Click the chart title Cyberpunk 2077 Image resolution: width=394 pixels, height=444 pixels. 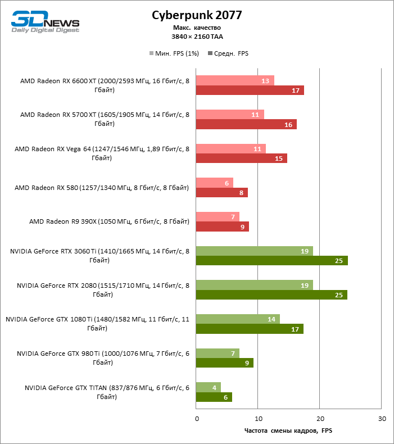coord(197,15)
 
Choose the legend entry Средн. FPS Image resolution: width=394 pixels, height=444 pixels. coord(228,53)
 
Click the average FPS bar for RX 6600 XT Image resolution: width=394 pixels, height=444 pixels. coord(250,90)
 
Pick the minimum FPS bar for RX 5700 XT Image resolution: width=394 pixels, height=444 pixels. coord(230,114)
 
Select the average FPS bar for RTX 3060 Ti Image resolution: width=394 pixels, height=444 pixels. coord(271,260)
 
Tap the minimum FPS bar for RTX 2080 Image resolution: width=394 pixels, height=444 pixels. coord(254,285)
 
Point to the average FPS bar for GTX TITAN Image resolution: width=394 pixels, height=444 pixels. coord(214,397)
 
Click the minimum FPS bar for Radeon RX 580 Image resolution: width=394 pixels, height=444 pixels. coord(214,183)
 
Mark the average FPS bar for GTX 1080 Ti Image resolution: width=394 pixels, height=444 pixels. coord(250,329)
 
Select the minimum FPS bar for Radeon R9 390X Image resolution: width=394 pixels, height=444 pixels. coord(218,216)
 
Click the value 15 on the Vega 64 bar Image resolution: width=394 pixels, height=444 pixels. coord(279,158)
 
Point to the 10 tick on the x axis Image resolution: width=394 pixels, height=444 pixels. coord(258,419)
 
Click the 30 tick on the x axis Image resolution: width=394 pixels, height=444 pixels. coord(382,419)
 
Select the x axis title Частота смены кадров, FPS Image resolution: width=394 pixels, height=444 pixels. coord(288,431)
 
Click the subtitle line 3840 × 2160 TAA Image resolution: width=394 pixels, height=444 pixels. coord(196,37)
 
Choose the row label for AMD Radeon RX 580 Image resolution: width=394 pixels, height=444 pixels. coord(102,187)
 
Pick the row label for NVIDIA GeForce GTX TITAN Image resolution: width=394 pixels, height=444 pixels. coord(106,392)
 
